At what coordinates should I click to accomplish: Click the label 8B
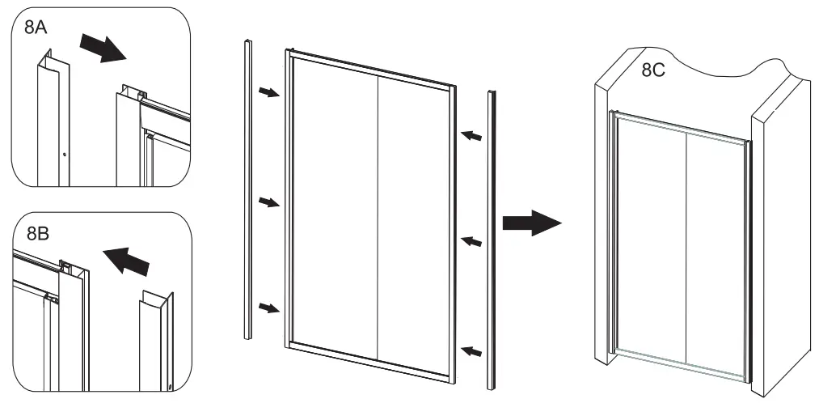38,235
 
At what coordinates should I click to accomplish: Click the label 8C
653,70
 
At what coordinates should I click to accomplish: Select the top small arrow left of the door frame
268,94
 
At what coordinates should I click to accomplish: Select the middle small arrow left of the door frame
268,202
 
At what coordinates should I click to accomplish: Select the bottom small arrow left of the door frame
268,307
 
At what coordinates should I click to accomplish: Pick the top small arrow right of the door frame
471,136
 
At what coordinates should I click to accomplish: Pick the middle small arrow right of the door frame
471,240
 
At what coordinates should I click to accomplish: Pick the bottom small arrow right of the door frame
471,350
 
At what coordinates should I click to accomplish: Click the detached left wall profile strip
247,190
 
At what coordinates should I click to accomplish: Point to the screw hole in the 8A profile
65,153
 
